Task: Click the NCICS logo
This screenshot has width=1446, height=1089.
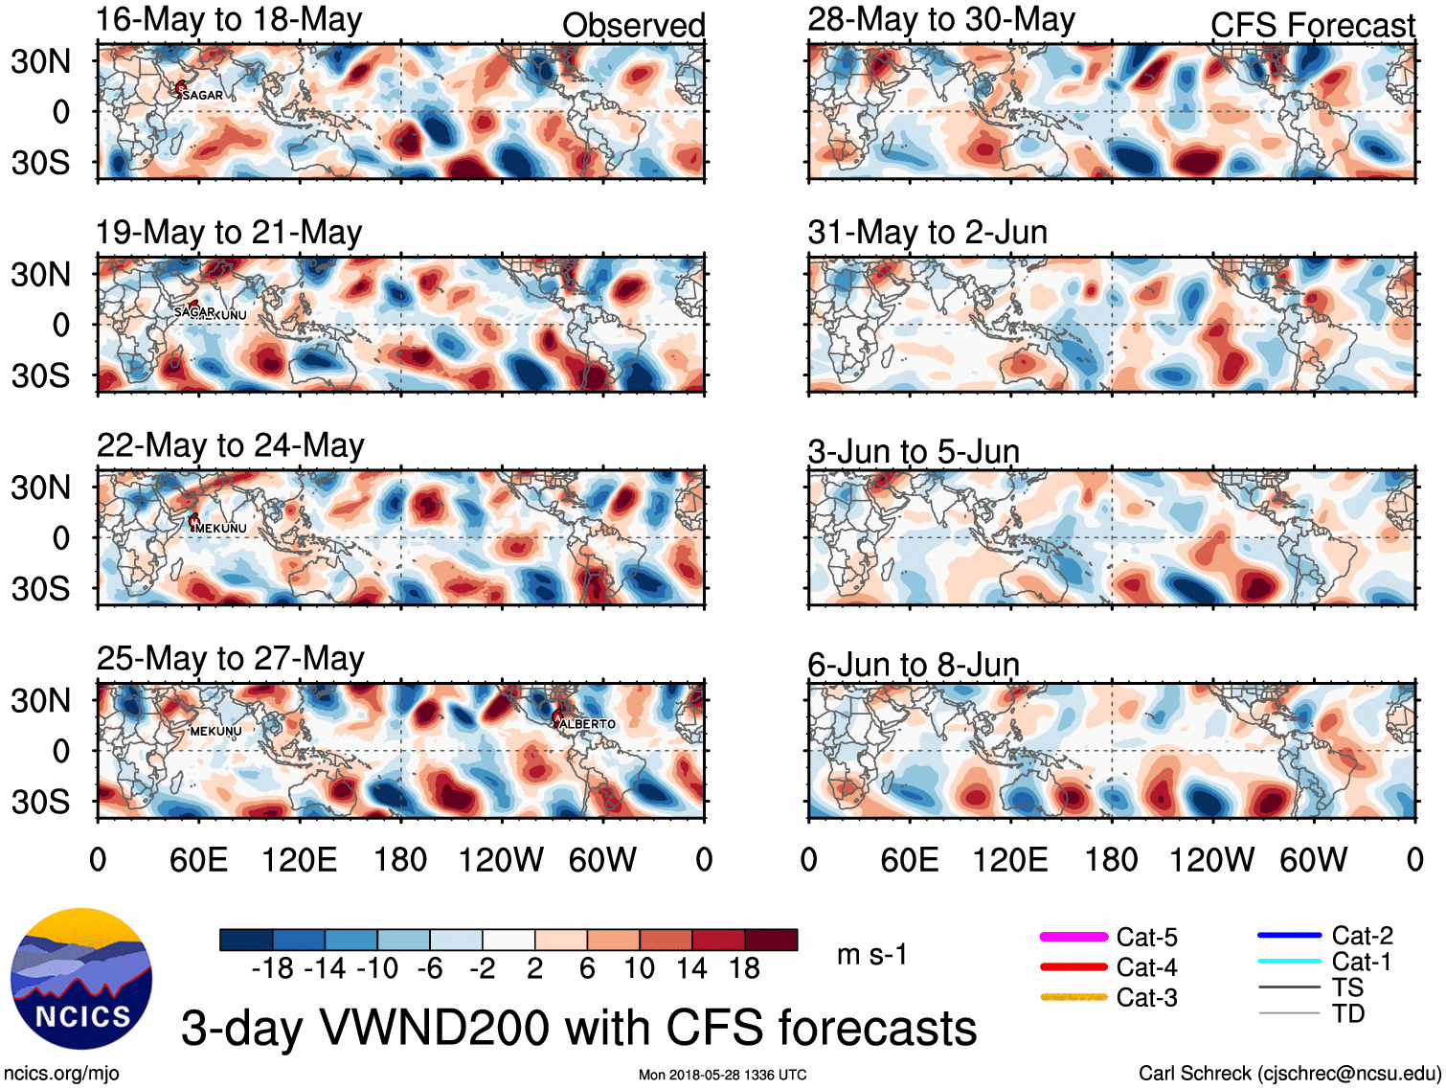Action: (81, 978)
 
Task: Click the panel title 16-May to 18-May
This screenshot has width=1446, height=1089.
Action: (229, 20)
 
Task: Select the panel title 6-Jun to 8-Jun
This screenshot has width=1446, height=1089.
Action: (913, 664)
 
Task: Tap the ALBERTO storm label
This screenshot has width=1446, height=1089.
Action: (587, 724)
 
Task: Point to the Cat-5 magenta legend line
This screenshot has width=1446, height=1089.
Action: (1073, 937)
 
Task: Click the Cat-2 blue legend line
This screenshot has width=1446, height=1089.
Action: (1289, 935)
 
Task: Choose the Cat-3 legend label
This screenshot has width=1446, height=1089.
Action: (1146, 997)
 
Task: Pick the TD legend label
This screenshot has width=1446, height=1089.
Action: (1347, 1013)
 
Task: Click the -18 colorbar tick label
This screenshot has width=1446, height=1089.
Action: (273, 968)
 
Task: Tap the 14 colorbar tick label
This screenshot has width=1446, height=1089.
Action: (690, 968)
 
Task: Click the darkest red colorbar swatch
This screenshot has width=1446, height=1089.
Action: (771, 940)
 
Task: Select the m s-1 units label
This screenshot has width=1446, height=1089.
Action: (871, 954)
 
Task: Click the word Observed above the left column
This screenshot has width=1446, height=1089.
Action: (633, 26)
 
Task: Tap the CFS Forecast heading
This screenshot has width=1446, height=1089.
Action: (1312, 26)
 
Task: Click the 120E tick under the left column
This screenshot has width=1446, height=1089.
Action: (300, 859)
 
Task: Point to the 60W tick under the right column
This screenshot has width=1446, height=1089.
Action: (1313, 859)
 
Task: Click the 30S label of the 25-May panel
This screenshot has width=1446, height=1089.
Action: (40, 801)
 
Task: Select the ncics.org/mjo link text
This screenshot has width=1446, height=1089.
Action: (61, 1073)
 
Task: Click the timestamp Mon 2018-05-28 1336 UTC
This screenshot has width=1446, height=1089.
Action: (722, 1075)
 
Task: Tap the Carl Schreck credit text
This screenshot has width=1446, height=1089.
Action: (1289, 1073)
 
